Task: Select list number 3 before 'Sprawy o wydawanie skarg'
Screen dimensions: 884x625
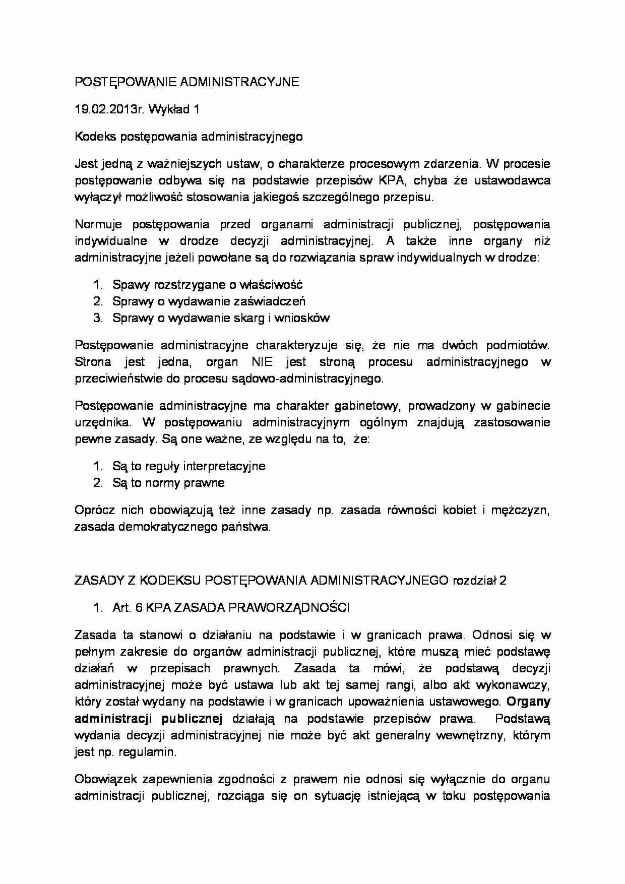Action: [98, 318]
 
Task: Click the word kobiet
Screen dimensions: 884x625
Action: [459, 510]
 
